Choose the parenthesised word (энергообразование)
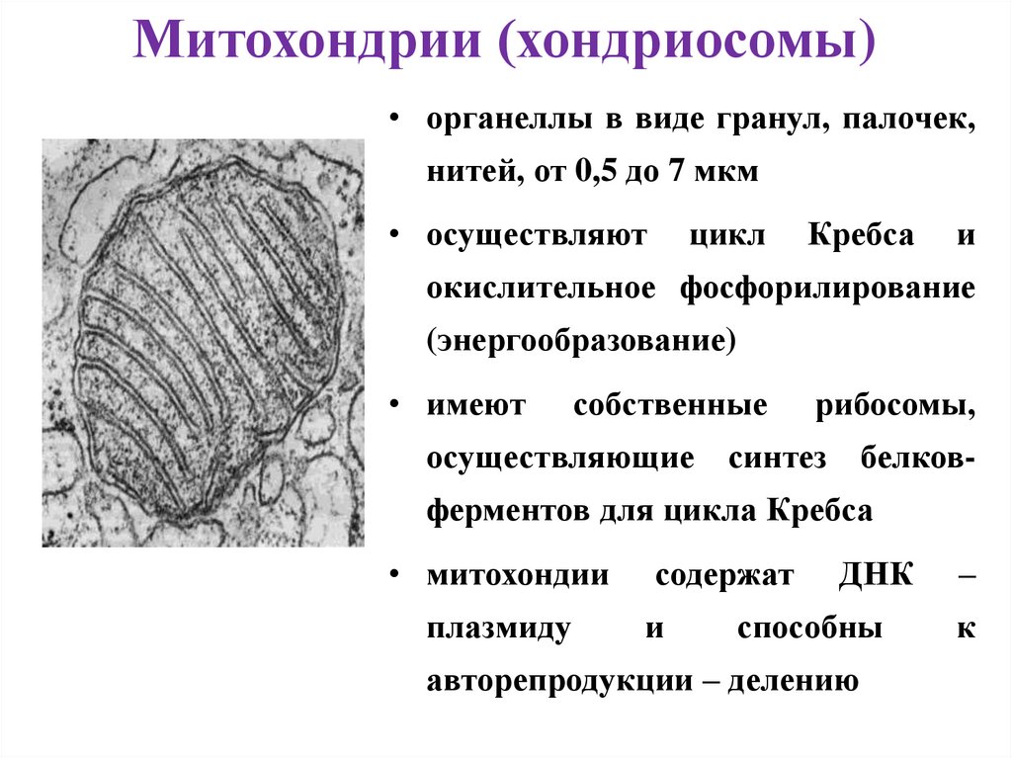(x=582, y=340)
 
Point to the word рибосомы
(x=896, y=407)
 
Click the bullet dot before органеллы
(x=393, y=120)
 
